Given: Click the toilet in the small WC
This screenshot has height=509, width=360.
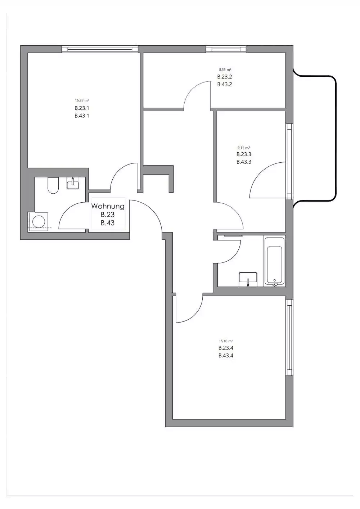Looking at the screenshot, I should pyautogui.click(x=53, y=186).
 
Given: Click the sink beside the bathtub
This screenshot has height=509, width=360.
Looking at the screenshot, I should pyautogui.click(x=248, y=279).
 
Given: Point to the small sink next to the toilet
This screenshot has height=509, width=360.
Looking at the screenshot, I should pyautogui.click(x=73, y=184).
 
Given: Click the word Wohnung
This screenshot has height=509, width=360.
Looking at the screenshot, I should pyautogui.click(x=108, y=206).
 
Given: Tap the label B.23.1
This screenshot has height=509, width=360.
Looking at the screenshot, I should pyautogui.click(x=82, y=108).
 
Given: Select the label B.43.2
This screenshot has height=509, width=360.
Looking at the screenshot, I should pyautogui.click(x=224, y=85).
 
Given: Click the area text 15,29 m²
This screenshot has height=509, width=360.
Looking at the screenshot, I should pyautogui.click(x=82, y=100).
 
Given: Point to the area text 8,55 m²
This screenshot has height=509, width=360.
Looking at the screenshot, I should pyautogui.click(x=225, y=69).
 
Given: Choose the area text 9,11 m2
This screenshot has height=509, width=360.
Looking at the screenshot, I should pyautogui.click(x=244, y=148).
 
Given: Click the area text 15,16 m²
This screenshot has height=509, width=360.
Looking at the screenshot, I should pyautogui.click(x=226, y=341).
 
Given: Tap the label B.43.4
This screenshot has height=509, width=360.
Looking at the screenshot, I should pyautogui.click(x=226, y=356).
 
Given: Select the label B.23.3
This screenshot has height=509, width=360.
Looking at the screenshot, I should pyautogui.click(x=244, y=154).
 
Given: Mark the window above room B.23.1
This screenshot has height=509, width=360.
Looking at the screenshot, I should pyautogui.click(x=100, y=49).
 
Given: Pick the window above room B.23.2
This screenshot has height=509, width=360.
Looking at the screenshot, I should pyautogui.click(x=226, y=49).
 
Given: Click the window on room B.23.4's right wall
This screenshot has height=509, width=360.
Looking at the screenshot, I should pyautogui.click(x=289, y=337).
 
